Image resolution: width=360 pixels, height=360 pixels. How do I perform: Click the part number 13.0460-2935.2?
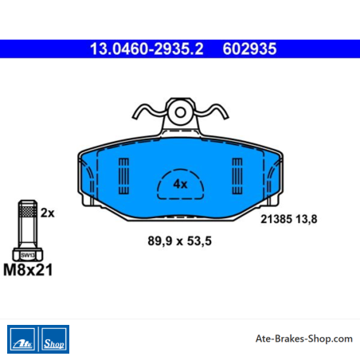coord(147,49)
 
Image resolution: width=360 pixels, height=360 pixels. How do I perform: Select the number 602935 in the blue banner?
coord(249,49)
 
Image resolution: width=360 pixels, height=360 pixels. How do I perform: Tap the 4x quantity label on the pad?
coord(180,184)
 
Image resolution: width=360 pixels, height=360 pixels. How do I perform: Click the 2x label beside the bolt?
coord(48,213)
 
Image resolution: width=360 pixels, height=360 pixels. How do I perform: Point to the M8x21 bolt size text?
coord(28,270)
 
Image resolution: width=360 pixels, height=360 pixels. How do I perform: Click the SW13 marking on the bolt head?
coord(28,256)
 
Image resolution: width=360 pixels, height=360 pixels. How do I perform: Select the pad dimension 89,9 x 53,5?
coord(180,241)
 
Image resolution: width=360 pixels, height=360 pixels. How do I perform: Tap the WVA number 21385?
coord(276,219)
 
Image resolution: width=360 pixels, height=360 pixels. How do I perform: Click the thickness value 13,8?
coord(307,219)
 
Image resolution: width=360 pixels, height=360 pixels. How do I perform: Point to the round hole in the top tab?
coord(181,112)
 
